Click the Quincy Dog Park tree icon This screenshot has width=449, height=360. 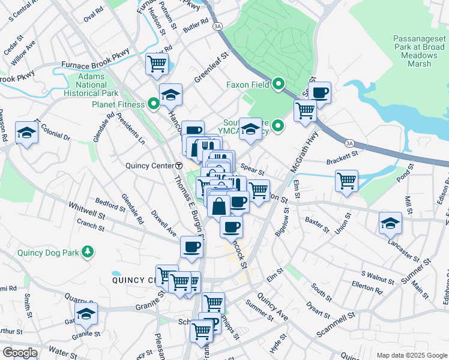coord(88,252)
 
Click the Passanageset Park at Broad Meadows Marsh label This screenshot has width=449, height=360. coord(420,50)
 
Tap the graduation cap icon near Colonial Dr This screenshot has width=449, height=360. coord(27,133)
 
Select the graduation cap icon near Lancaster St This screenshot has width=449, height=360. coord(390,223)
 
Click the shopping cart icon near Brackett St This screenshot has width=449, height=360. coord(347,181)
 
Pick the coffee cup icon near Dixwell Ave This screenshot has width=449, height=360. coord(192,247)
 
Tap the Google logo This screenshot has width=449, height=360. coord(20,353)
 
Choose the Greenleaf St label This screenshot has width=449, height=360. coord(211,67)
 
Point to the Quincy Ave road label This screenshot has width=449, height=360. coord(274,308)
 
